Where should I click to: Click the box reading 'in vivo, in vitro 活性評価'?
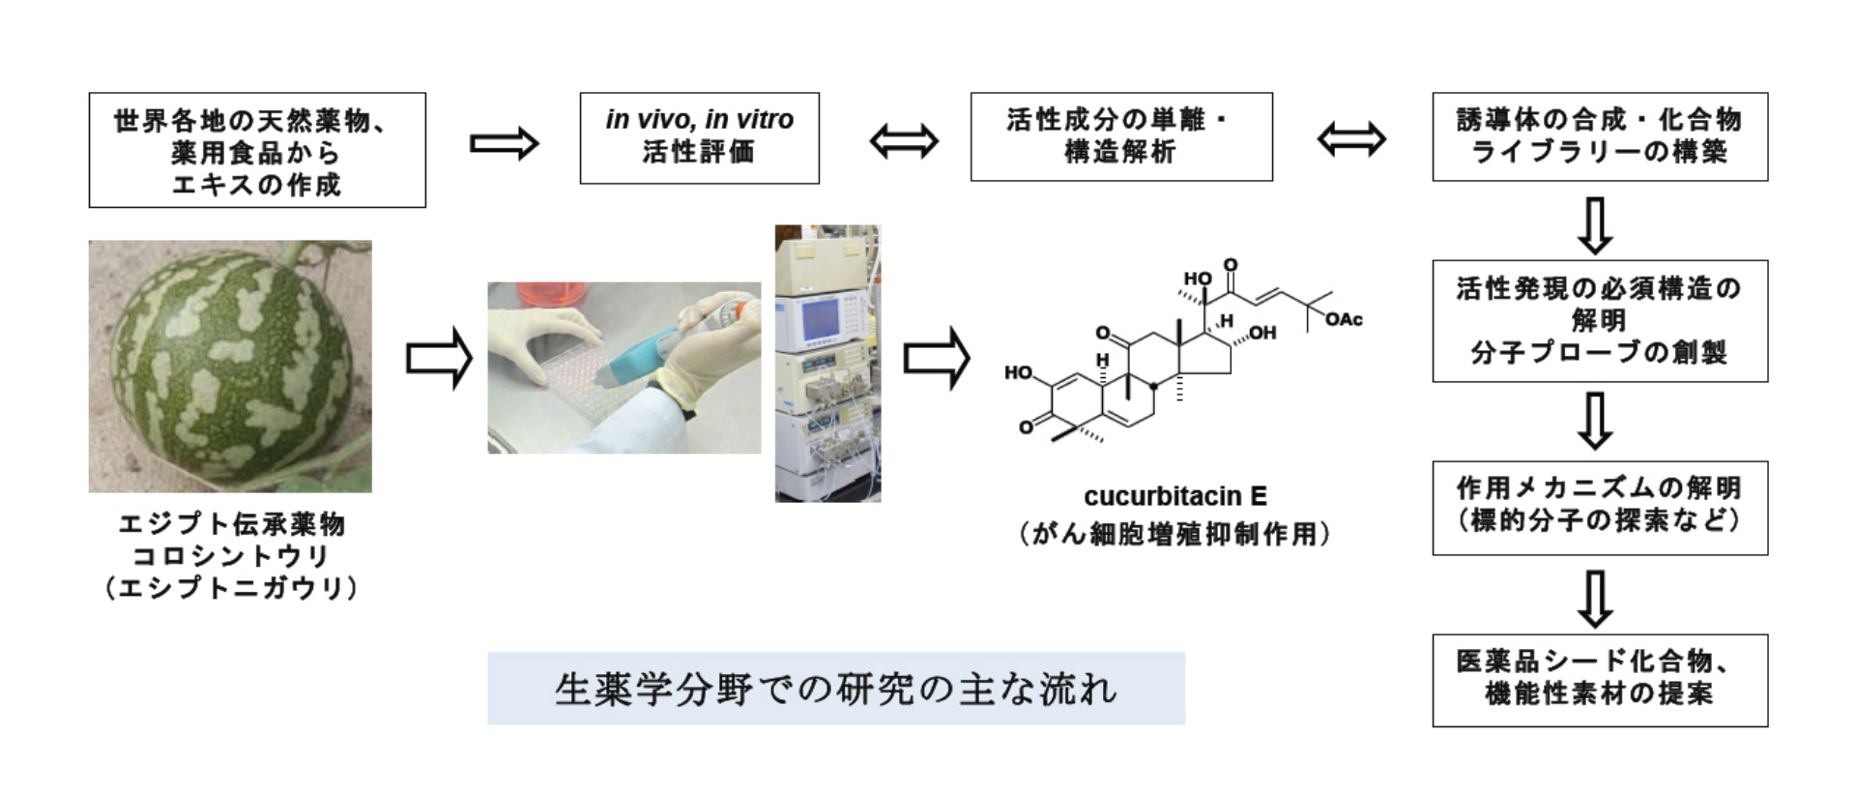(699, 137)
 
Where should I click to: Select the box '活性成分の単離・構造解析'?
(1120, 136)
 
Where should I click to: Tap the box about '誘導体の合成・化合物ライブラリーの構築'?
(1599, 136)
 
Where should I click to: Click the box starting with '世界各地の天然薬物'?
(256, 150)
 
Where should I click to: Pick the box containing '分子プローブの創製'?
(1599, 321)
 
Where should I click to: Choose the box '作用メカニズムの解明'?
(1599, 507)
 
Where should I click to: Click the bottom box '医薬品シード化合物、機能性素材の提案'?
(1599, 680)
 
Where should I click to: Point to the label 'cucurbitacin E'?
(1174, 496)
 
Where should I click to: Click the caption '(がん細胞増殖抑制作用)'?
(1174, 534)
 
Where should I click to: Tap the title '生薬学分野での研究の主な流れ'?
(835, 689)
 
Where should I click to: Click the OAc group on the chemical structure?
(1344, 319)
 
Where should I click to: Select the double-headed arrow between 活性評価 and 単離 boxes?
(903, 141)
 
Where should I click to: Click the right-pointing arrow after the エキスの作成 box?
(504, 144)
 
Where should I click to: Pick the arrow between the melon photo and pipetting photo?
(438, 359)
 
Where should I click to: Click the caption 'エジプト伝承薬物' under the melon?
(231, 524)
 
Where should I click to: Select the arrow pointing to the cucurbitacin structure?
(936, 359)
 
